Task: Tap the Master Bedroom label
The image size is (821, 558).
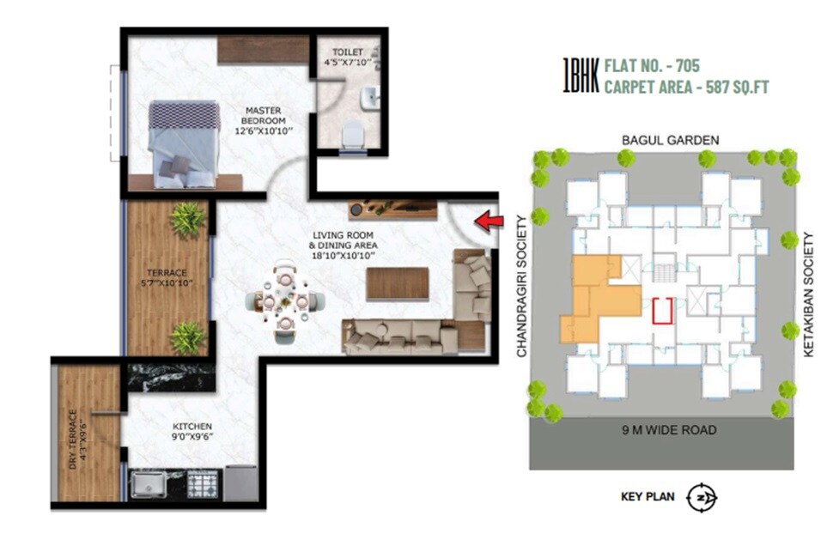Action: coord(264,121)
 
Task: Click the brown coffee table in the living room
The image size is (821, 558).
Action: coord(397,284)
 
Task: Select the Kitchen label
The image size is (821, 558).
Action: coord(191,429)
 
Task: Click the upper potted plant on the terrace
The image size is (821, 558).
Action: coord(187,220)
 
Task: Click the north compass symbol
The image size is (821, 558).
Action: coord(702,497)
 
